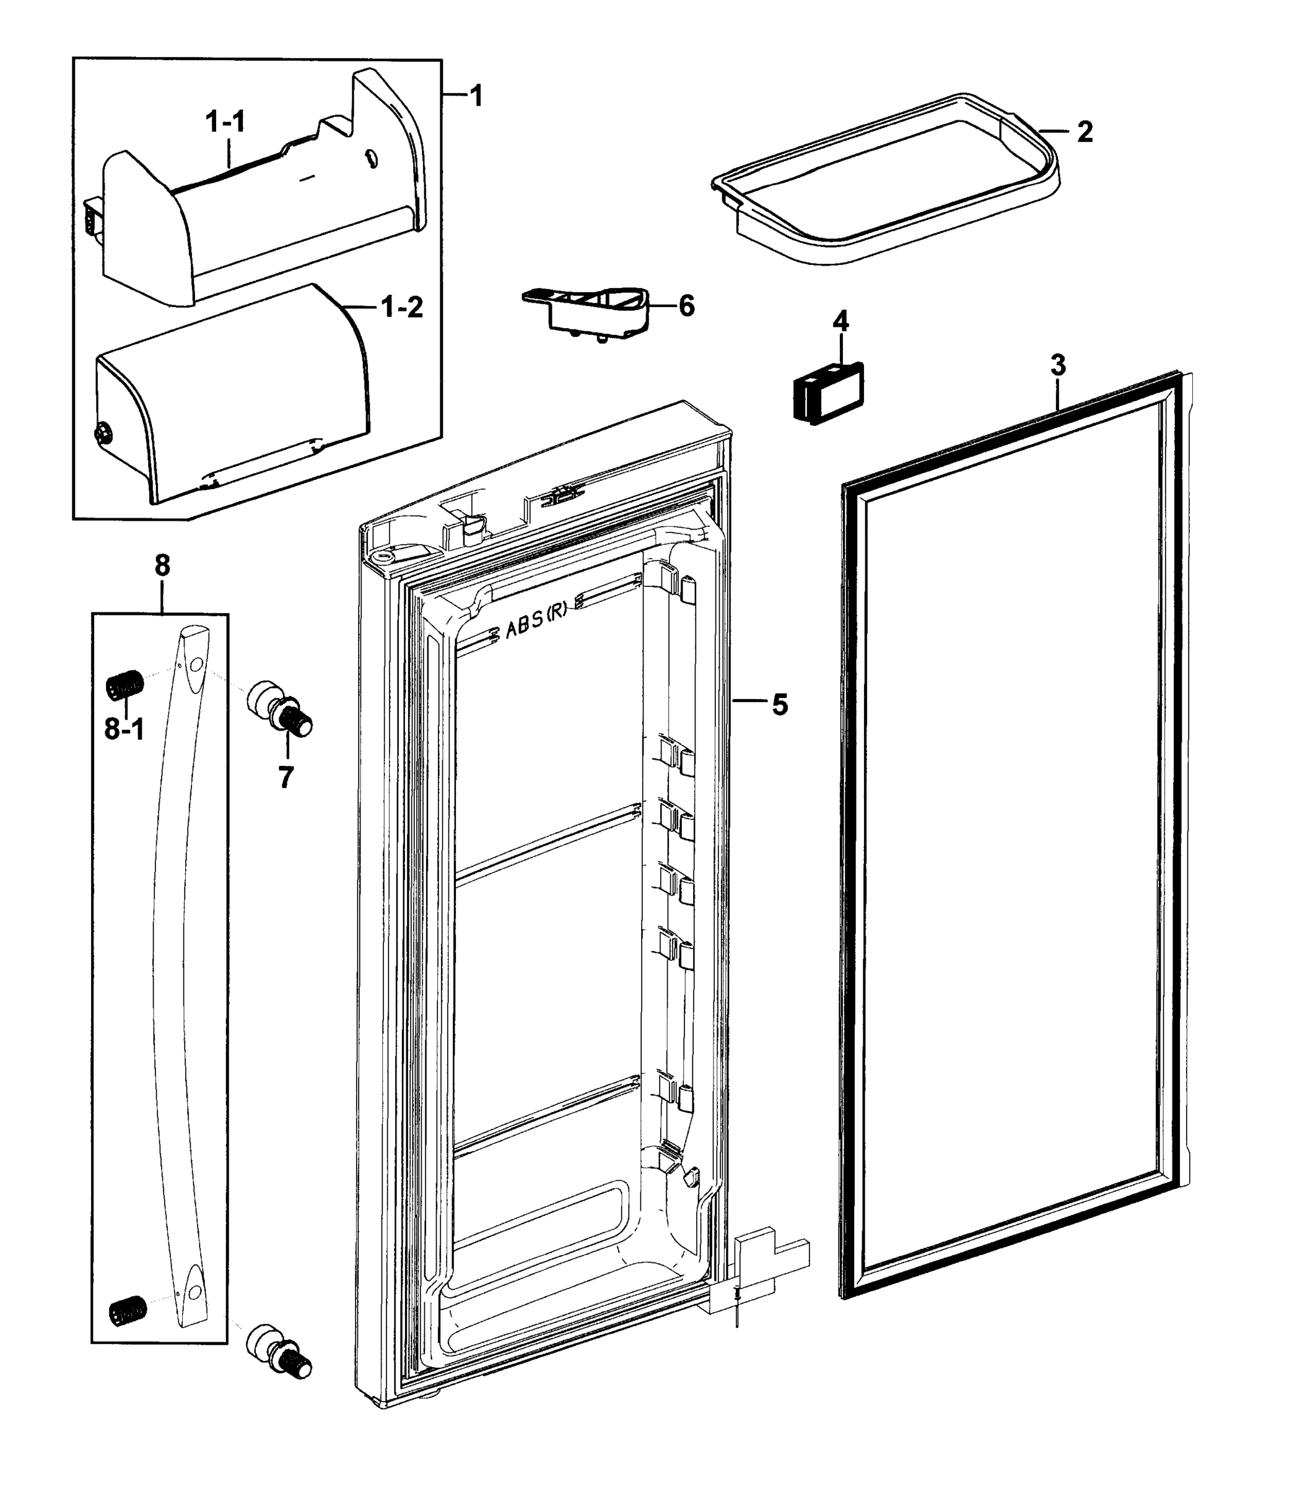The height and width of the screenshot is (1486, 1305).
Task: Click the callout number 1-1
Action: coord(225,121)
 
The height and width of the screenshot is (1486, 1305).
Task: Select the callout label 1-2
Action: coord(402,308)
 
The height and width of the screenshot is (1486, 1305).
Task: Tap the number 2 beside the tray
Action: coord(1084,132)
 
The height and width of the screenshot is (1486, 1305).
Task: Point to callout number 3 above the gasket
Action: coord(1058,365)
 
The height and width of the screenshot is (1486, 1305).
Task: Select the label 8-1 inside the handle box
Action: coord(124,729)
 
